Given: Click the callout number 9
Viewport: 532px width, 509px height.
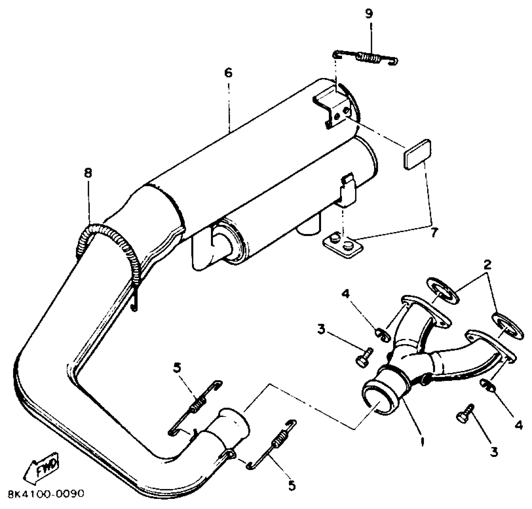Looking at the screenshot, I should coord(369,14).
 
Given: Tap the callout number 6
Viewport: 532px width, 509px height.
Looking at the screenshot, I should coord(228,73).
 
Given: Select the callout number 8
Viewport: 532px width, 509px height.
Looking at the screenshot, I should coord(88,173).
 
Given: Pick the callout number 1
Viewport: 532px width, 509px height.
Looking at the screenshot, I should coord(422,441).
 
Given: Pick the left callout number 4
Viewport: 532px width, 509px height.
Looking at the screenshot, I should coord(345,294).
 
